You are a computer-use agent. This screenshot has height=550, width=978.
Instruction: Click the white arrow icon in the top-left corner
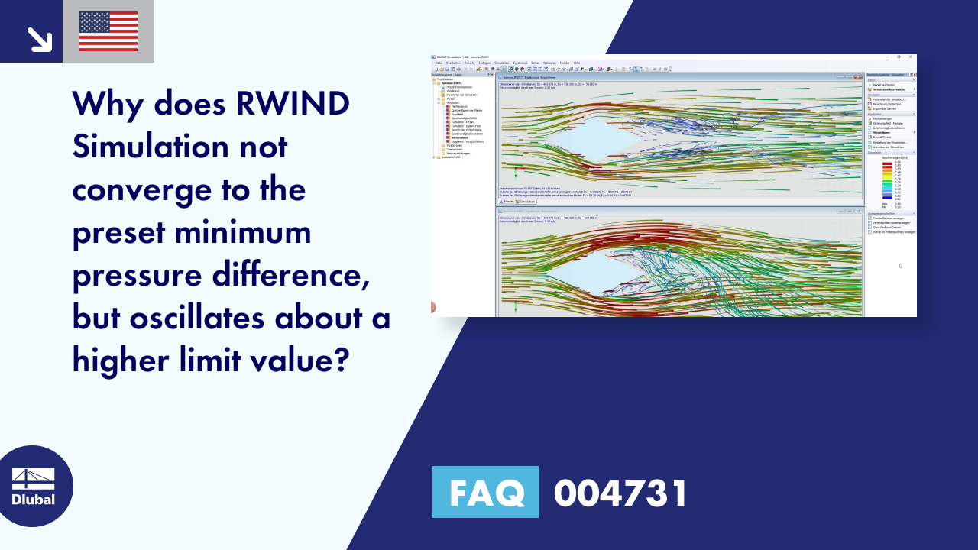click(x=38, y=38)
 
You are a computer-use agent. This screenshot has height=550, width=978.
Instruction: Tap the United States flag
click(x=108, y=31)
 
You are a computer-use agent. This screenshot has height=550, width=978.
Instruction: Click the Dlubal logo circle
click(x=34, y=486)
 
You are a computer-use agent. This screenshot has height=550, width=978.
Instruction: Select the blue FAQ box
click(x=485, y=492)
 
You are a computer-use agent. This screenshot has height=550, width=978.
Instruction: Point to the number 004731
click(x=620, y=493)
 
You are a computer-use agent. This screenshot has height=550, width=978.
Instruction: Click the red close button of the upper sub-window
click(x=860, y=78)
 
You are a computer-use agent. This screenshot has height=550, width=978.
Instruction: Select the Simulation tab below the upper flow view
click(x=526, y=202)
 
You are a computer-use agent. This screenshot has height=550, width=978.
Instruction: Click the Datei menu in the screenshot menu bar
click(x=439, y=63)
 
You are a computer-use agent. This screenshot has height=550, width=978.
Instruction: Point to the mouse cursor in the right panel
click(x=900, y=266)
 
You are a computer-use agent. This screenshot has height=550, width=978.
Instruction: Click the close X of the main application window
click(x=911, y=57)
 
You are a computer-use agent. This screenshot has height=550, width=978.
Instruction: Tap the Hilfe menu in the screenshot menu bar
click(x=577, y=63)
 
